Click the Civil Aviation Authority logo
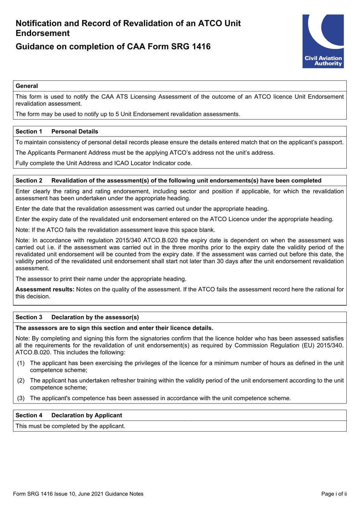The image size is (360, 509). point(323,41)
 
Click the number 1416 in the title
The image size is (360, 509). point(201,47)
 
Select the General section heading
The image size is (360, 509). point(27,86)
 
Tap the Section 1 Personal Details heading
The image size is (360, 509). point(57,132)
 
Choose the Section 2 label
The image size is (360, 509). point(29,181)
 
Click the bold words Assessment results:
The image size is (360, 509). point(45,289)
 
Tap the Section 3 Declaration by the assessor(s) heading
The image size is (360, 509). point(77,317)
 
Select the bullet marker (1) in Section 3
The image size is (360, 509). point(21,363)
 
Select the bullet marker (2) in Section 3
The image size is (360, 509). point(21,380)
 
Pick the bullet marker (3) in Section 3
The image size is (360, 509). point(21,398)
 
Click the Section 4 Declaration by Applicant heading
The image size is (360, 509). point(69,415)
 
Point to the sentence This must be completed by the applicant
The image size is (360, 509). point(70,426)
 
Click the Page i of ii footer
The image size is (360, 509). point(333,494)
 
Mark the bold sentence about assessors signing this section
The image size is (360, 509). point(114,328)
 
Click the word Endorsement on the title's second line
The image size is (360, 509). point(42,33)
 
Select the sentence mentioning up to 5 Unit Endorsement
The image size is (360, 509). point(128,114)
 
